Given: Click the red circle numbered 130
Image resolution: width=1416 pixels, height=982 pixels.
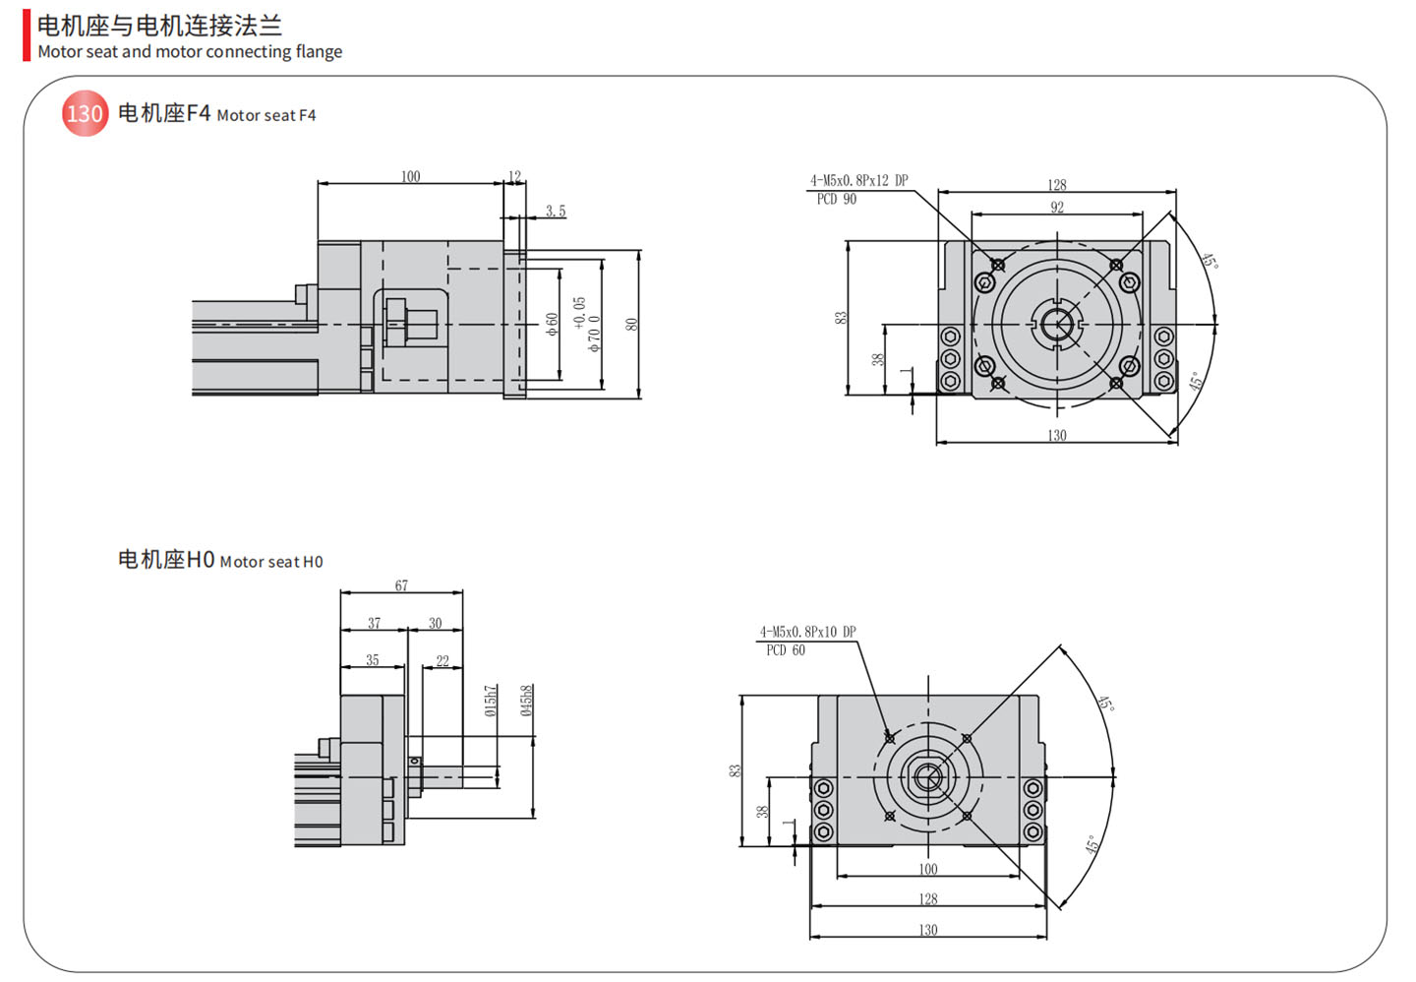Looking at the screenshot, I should (85, 114).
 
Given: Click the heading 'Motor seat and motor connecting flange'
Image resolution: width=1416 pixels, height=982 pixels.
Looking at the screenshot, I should (190, 52).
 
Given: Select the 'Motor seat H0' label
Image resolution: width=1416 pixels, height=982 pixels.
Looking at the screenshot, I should (220, 560).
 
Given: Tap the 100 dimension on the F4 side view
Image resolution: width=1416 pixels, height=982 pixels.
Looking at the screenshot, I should (410, 177).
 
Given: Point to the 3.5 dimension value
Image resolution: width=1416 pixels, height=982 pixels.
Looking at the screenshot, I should (556, 212).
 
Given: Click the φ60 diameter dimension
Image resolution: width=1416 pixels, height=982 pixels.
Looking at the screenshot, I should (553, 324).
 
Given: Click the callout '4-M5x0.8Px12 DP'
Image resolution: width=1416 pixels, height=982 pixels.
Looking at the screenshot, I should (858, 181).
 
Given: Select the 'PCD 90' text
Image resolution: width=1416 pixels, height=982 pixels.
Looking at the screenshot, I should (836, 200).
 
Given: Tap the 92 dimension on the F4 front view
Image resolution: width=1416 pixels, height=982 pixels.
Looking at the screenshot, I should (1057, 208).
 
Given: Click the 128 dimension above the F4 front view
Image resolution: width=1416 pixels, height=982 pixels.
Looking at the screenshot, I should (1057, 185).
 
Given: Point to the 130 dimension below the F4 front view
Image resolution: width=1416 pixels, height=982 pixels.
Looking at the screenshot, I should (1057, 435).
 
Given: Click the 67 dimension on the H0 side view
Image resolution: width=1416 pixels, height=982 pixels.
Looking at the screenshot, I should (401, 585).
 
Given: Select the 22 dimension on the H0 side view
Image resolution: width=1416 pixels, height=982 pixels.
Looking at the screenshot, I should (442, 661).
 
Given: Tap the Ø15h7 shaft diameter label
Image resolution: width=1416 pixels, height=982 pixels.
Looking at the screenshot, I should (491, 701).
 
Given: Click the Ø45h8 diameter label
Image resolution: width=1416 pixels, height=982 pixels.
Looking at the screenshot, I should (527, 701).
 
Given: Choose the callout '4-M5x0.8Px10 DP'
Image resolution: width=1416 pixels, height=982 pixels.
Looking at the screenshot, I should (807, 632).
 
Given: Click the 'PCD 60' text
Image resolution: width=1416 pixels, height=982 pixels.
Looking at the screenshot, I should (785, 650).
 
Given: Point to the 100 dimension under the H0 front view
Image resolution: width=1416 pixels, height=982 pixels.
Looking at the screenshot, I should (928, 869).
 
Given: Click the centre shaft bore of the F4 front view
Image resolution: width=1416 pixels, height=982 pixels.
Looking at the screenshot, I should (1057, 324).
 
